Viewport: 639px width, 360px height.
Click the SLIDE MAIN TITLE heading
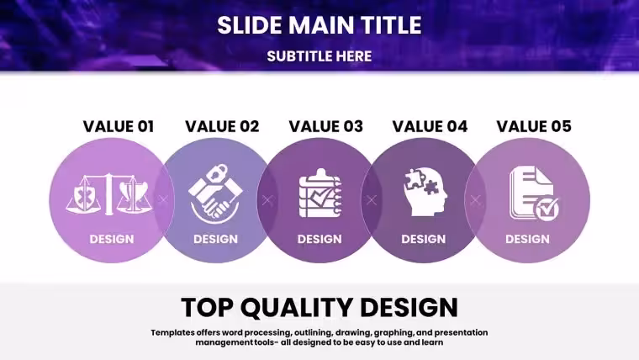[319, 25]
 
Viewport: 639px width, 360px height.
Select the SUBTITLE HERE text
[319, 56]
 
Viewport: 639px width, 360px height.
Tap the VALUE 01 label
[119, 126]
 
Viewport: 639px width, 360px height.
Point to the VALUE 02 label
[222, 126]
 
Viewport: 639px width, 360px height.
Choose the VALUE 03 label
[326, 126]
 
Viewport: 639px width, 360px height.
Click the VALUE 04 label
[430, 126]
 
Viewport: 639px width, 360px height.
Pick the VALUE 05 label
[534, 126]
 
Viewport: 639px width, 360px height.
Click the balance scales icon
[108, 194]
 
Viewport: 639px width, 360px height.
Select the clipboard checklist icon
[319, 193]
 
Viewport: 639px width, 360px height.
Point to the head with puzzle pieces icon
[425, 192]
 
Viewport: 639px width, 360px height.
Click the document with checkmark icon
[534, 193]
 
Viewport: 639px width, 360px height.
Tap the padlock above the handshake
[217, 173]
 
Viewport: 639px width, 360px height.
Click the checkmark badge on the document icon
[547, 209]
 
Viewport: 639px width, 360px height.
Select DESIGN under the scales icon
[112, 239]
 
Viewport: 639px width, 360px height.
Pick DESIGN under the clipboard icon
[319, 239]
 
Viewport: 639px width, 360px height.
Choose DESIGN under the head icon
[424, 239]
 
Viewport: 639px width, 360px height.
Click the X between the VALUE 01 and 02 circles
[163, 200]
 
